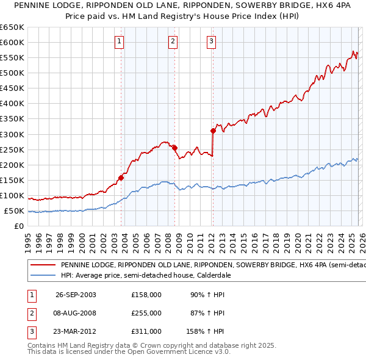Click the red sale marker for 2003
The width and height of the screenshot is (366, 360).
pos(121,178)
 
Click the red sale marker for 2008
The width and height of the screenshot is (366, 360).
pos(174,148)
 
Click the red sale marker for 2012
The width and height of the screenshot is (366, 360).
pos(213,131)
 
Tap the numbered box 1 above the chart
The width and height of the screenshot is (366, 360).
pos(118,41)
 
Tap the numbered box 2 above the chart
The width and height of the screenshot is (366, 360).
pos(173,41)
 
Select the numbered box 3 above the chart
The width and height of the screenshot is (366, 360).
pos(211,41)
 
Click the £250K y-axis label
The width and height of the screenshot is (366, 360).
pos(12,149)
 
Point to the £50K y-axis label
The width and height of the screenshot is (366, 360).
pos(14,211)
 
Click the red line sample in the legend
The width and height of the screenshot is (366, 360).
pos(43,265)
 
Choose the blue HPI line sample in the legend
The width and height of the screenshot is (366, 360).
pos(43,276)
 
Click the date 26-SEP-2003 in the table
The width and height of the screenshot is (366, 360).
pos(76,295)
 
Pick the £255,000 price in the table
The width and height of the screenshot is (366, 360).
pos(146,313)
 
